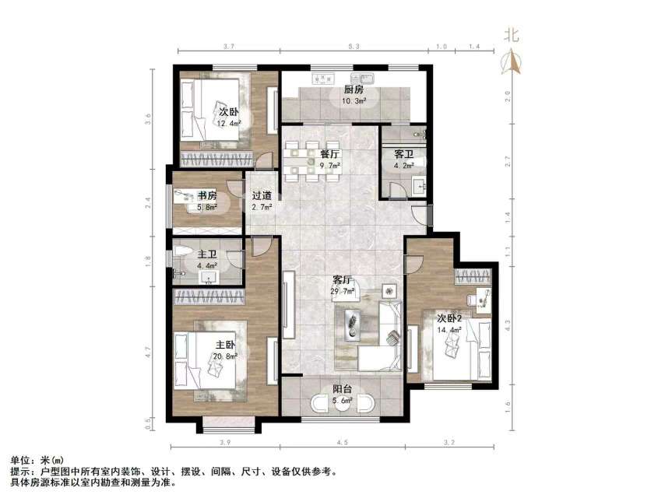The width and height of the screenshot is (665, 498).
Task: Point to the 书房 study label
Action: click(206, 195)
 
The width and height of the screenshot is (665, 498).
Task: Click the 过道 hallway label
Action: click(262, 195)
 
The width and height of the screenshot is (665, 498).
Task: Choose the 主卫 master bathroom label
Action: click(206, 254)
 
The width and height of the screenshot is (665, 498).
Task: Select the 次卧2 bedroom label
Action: click(449, 318)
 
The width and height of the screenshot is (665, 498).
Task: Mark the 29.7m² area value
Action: click(343, 292)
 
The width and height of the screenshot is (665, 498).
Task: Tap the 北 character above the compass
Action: click(512, 34)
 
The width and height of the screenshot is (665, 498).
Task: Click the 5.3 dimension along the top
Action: click(354, 47)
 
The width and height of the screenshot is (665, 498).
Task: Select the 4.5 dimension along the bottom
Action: click(342, 444)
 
